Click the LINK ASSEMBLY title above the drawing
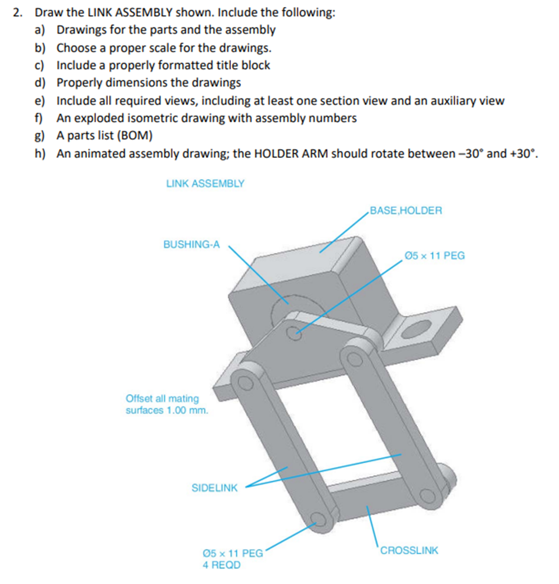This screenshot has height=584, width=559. [205, 184]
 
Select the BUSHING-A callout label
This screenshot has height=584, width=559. [191, 245]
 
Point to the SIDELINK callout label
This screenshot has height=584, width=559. [214, 488]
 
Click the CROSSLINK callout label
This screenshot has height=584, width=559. [408, 550]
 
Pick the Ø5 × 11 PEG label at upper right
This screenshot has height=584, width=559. [434, 255]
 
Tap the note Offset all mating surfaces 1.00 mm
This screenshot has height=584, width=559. [166, 404]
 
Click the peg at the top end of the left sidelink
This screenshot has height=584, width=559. [243, 384]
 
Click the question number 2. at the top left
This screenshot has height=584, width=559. [19, 13]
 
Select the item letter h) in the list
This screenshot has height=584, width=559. [40, 154]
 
